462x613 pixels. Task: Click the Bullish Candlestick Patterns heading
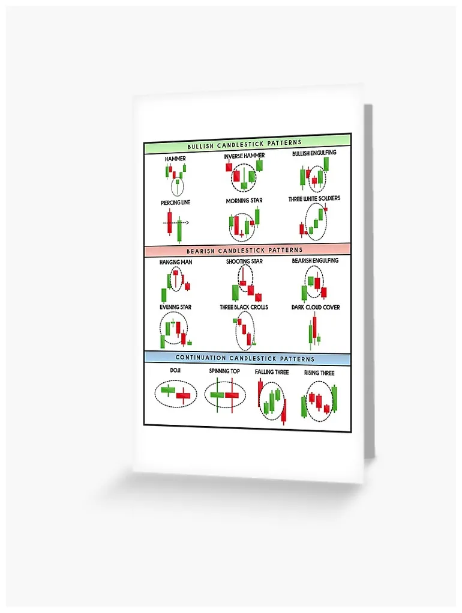pos(245,144)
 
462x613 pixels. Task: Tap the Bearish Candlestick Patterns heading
pos(245,250)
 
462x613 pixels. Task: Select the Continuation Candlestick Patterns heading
pos(245,358)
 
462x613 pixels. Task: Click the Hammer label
pos(175,159)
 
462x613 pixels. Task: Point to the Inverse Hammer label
pos(244,156)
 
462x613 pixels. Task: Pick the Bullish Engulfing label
pos(314,153)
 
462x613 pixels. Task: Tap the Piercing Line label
pos(176,203)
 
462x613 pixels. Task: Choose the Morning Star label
pos(244,201)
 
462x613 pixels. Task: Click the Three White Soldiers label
pos(314,198)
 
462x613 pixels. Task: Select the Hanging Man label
pos(176,262)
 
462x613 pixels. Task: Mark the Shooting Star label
pos(245,261)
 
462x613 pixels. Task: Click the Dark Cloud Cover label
pos(316,307)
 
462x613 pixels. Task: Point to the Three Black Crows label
pos(244,307)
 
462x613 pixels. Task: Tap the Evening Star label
pos(176,307)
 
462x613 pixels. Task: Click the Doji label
pos(175,370)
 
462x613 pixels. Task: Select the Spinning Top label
pos(224,371)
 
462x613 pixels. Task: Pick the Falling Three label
pos(272,372)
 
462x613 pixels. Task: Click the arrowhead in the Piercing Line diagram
pos(187,223)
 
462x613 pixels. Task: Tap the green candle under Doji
pos(168,390)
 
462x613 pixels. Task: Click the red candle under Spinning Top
pos(232,395)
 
